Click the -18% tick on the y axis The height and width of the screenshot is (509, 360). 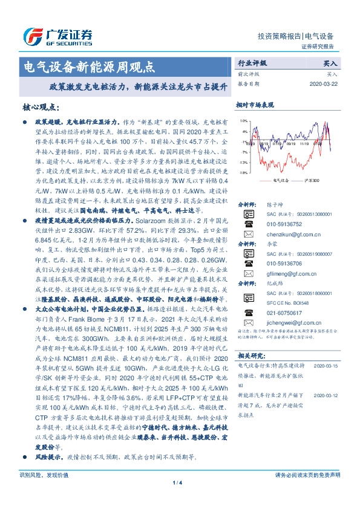(x=241, y=173)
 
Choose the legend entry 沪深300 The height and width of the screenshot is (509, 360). (x=315, y=180)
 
